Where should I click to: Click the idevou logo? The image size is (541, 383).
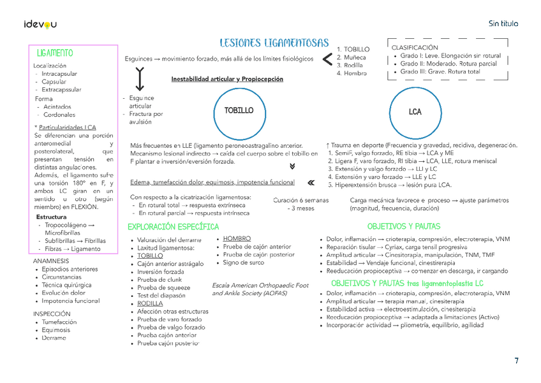(x=40, y=24)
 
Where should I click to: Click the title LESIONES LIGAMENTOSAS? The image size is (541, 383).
(x=274, y=43)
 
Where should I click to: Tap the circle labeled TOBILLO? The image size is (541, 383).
(x=239, y=110)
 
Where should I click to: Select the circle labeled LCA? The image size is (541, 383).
(x=415, y=112)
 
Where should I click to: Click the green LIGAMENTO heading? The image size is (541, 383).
(x=55, y=53)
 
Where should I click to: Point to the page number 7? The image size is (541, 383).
(x=516, y=361)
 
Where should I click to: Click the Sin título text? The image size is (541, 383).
(x=503, y=24)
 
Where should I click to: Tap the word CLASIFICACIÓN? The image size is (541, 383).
(x=415, y=48)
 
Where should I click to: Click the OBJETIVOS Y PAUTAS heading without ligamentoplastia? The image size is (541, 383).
(x=403, y=227)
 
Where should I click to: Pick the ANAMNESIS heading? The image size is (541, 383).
(x=50, y=261)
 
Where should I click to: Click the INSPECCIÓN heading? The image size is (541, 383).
(x=52, y=314)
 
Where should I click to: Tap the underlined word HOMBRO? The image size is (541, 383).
(x=237, y=238)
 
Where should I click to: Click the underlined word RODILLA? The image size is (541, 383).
(x=150, y=304)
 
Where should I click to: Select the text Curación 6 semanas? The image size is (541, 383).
(x=300, y=200)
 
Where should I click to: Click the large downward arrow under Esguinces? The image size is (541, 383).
(x=140, y=79)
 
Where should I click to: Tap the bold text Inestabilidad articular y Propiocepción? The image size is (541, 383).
(x=227, y=80)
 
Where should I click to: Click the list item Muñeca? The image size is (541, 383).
(x=355, y=57)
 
